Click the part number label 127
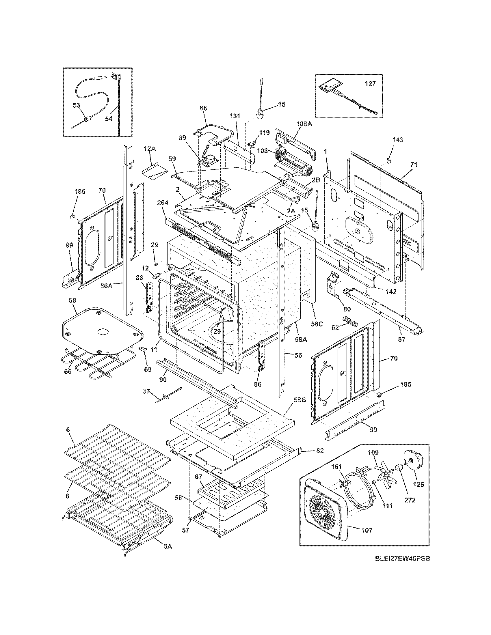(x=370, y=84)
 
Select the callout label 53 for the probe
(x=76, y=105)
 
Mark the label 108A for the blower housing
(x=304, y=124)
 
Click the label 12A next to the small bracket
(x=149, y=149)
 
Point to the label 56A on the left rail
(x=106, y=286)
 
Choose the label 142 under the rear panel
(x=391, y=292)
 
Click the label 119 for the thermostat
(x=264, y=133)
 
